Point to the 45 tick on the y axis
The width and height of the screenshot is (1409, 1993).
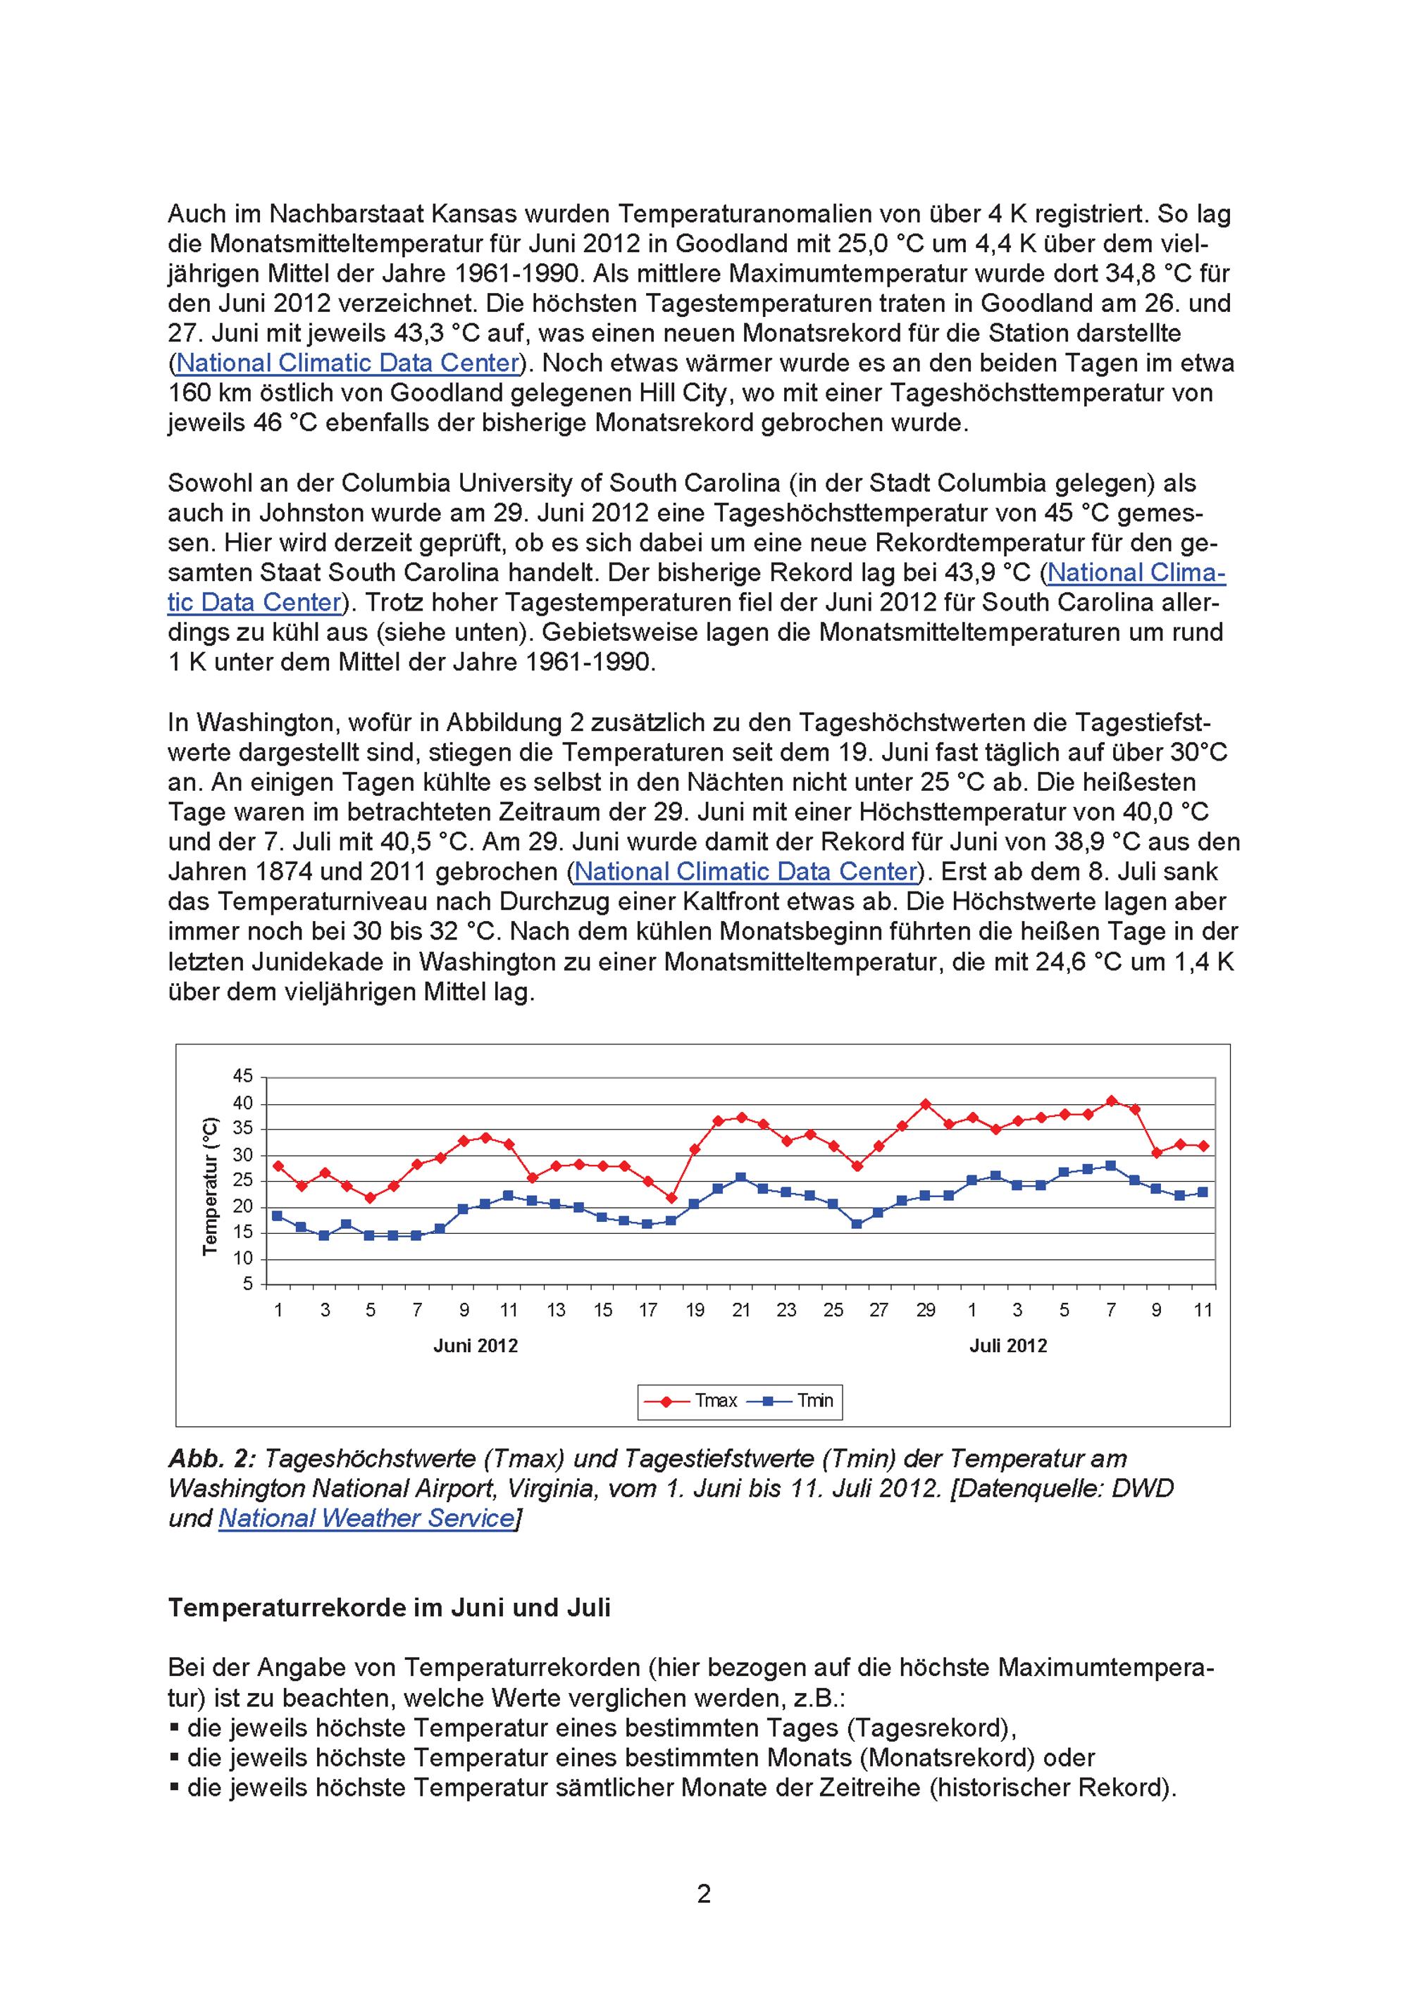242,1076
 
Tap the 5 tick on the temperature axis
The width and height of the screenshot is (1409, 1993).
247,1284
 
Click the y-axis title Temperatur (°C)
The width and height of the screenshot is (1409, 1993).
210,1185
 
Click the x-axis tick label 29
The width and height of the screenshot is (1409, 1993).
926,1310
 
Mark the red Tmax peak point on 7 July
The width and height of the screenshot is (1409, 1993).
1111,1101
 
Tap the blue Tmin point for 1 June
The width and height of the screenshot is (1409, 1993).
278,1216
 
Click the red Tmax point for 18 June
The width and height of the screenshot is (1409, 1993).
671,1198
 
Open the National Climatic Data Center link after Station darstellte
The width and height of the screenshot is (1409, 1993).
348,363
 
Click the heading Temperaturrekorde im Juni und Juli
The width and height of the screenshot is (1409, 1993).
389,1608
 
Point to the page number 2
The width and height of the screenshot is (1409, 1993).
704,1893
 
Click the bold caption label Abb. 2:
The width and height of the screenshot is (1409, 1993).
206,1458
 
